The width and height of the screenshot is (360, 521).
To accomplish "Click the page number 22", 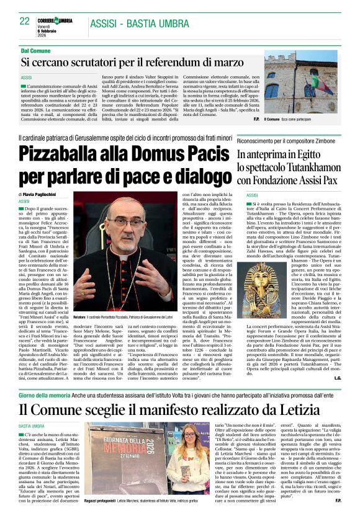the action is point(25,21).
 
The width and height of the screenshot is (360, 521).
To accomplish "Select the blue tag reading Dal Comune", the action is point(37,50).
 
